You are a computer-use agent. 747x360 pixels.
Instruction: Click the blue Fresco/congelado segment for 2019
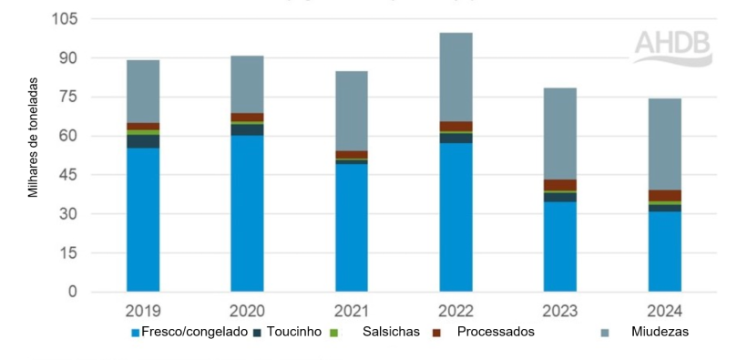point(143,219)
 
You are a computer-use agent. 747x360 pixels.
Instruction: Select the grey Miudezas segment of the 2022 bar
point(455,77)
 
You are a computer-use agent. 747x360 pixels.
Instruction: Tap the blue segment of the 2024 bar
point(664,252)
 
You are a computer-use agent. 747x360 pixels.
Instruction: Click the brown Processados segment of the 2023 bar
point(560,185)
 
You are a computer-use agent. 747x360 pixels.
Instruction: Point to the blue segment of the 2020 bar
point(247,213)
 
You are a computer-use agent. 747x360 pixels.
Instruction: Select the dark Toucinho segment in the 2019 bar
point(143,141)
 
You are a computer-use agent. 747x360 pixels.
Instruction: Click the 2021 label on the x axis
point(352,310)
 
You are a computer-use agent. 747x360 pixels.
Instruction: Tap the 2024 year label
point(664,310)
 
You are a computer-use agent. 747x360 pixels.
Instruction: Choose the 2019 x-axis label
point(143,310)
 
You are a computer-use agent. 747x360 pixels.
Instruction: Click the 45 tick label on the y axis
point(70,175)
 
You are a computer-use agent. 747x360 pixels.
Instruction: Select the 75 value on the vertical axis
point(70,98)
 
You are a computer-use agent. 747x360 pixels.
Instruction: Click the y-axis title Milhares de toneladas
point(34,137)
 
